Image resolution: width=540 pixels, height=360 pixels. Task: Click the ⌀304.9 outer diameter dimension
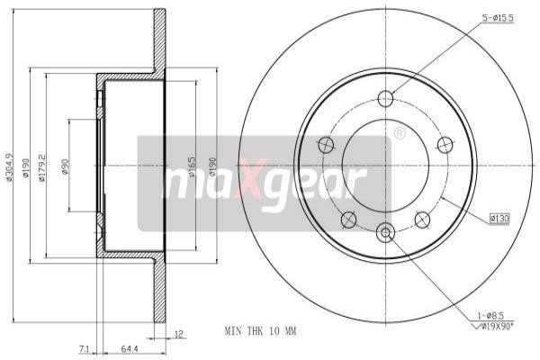(x=10, y=166)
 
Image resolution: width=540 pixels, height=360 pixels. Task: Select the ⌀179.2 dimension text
(x=42, y=166)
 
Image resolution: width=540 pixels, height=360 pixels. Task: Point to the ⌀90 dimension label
(x=66, y=166)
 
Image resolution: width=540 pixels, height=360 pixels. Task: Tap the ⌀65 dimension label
(x=192, y=166)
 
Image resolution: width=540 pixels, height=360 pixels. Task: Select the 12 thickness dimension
(x=180, y=334)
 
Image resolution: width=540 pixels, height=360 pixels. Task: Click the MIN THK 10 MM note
(x=260, y=331)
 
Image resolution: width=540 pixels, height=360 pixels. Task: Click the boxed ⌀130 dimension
(x=499, y=217)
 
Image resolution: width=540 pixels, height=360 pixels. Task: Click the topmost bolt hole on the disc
(x=386, y=99)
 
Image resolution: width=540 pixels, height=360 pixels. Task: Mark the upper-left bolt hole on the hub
(x=327, y=144)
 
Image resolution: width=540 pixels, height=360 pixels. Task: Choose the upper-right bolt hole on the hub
(x=445, y=144)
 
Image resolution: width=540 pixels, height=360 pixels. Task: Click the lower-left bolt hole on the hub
(x=348, y=219)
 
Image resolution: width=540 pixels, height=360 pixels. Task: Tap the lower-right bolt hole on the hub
(x=422, y=219)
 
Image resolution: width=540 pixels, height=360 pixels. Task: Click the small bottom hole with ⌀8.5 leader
(x=386, y=234)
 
